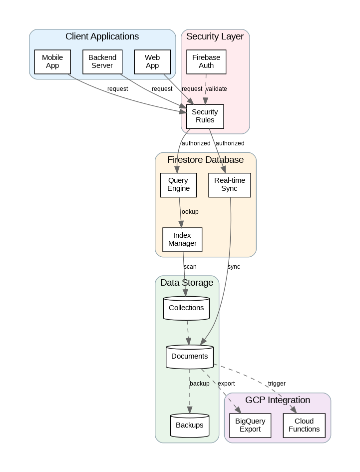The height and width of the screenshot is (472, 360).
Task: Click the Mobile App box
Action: [52, 61]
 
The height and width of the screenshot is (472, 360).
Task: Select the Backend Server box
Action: [102, 61]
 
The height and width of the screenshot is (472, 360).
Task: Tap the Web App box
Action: [152, 61]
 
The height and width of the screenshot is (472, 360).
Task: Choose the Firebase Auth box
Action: [206, 61]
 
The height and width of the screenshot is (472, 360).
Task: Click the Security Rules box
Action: [205, 116]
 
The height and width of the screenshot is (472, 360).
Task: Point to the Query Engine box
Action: [178, 184]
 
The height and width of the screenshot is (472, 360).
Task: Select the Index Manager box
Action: [182, 239]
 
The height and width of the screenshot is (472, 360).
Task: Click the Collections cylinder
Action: [186, 308]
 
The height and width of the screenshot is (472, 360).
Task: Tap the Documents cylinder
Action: [189, 356]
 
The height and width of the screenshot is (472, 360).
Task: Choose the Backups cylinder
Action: [189, 425]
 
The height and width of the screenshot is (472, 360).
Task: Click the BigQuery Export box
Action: [250, 425]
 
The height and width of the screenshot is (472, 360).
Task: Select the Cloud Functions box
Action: [304, 425]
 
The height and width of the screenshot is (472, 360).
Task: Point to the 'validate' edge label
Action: [216, 89]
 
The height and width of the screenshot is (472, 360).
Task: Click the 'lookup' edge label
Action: [189, 212]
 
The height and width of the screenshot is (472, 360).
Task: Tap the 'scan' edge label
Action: [190, 267]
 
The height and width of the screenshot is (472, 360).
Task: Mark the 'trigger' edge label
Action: [277, 384]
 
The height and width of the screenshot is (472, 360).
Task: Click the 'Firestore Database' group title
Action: [205, 160]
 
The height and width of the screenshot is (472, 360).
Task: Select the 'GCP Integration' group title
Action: [278, 400]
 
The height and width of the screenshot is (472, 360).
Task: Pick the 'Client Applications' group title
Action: [102, 36]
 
